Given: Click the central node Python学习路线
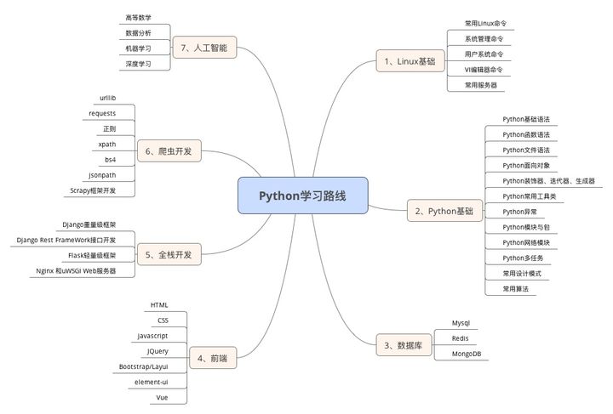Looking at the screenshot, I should tap(302, 195).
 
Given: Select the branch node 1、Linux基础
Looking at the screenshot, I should tap(410, 61).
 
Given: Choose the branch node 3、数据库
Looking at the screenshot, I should tap(403, 344).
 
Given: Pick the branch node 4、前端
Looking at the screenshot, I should tap(212, 358).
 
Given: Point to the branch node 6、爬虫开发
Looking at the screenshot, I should tap(169, 152).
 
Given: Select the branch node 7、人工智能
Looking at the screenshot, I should tap(203, 48).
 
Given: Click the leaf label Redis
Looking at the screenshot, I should tap(461, 337).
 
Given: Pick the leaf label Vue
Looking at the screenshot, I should tap(162, 397).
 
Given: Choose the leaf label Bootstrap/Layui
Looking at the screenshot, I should tap(145, 366).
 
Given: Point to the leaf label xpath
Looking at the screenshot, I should tap(107, 144).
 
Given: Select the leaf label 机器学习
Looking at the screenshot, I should tap(138, 48).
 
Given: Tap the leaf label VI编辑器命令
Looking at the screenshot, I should tap(483, 70).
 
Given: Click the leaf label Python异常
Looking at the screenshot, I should tap(519, 211).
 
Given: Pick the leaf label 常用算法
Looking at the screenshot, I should tap(515, 289).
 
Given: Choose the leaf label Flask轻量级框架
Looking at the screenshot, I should tap(92, 255).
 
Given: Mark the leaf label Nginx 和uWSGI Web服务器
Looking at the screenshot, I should tap(76, 270).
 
